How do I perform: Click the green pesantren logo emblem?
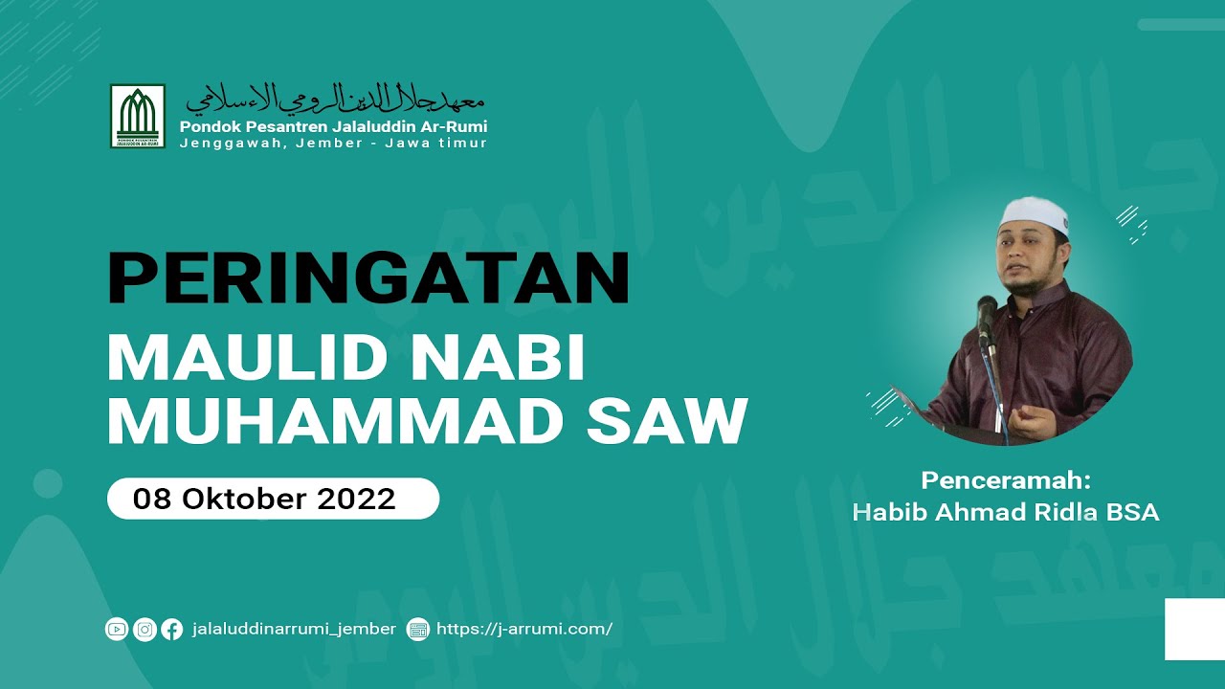coord(138,116)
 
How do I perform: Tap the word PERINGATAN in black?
coord(368,278)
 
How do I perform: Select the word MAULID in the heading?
coord(239,359)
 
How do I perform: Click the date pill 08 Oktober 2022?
coord(273,499)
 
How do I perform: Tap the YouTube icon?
coord(117,629)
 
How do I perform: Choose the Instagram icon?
coord(145,629)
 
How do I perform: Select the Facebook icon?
coord(172,629)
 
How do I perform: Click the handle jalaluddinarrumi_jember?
coord(294,629)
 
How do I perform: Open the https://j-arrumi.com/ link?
coord(524,629)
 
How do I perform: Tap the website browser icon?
coord(417,629)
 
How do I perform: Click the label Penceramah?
coord(1006,480)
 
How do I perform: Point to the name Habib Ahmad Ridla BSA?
coord(1006,513)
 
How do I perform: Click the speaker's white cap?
coord(1032,213)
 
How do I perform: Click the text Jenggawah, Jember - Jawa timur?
coord(333,144)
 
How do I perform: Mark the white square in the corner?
coord(1194,629)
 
